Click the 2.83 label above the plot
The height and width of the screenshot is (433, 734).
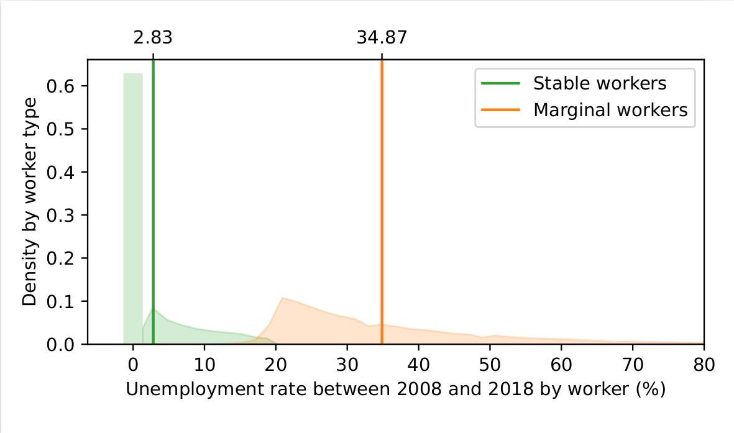153,38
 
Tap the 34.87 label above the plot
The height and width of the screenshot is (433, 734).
382,38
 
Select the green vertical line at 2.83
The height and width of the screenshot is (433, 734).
153,202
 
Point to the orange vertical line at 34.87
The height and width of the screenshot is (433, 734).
382,202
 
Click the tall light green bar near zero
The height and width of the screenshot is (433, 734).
133,208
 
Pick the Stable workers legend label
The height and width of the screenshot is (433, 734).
600,83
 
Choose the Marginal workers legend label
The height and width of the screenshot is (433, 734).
610,110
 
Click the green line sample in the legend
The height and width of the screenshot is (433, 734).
501,83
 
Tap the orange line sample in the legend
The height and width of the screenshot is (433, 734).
501,110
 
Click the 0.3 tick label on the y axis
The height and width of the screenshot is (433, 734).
62,216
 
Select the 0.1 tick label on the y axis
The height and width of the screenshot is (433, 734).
62,301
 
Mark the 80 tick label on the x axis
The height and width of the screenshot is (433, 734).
704,365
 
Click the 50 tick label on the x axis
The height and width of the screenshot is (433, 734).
490,365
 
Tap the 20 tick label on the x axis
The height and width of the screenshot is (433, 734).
276,365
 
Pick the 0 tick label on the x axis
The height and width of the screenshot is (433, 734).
133,365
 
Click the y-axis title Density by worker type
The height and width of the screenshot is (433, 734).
29,202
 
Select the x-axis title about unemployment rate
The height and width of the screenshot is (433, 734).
395,390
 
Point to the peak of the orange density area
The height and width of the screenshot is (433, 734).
282,298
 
